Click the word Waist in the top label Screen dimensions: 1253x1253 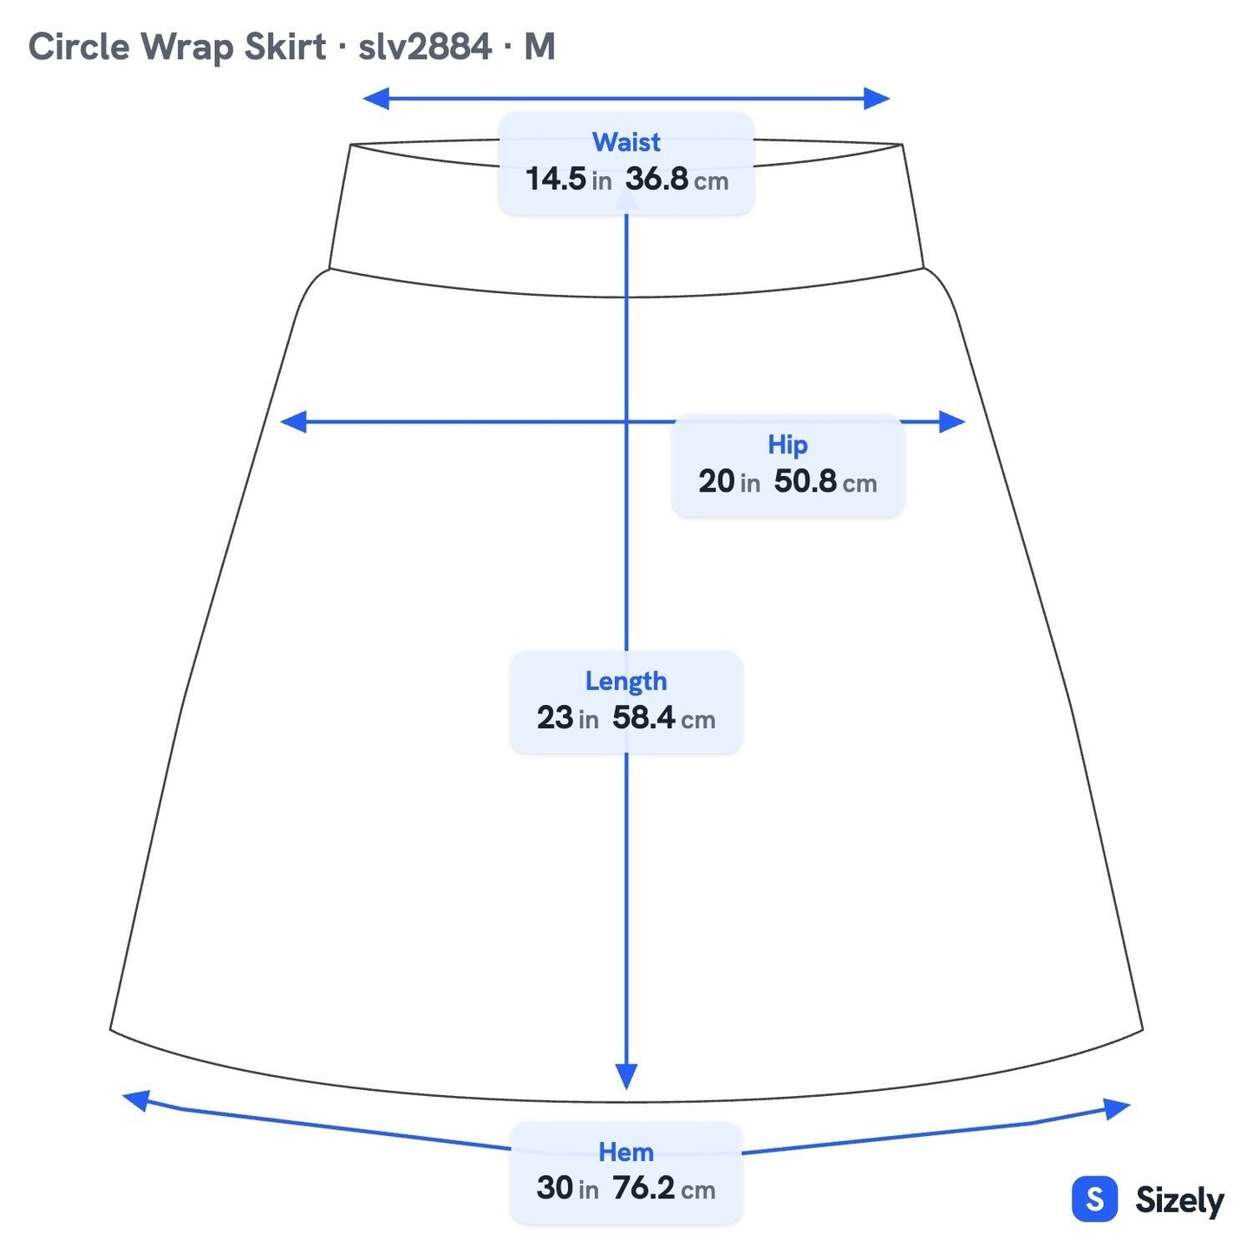point(625,141)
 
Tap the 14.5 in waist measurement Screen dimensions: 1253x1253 point(568,179)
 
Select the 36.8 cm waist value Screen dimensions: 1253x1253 point(676,179)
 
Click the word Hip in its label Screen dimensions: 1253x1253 point(787,445)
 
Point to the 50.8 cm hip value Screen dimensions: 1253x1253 point(826,481)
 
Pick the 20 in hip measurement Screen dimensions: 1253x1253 point(729,481)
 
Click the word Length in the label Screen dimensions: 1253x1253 point(625,682)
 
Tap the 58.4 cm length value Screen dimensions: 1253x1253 point(663,718)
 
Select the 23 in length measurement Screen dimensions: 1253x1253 point(568,718)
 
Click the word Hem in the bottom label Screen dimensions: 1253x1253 point(625,1152)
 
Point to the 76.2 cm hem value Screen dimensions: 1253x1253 point(663,1188)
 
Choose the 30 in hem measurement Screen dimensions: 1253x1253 point(568,1188)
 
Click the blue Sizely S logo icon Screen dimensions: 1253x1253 point(1095,1198)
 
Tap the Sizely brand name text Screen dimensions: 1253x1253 point(1179,1200)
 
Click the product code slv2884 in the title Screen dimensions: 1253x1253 point(425,47)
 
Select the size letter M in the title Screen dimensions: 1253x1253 point(539,47)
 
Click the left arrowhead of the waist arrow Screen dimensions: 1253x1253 point(375,99)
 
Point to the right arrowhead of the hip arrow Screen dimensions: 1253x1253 point(952,421)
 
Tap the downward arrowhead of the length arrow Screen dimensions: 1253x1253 point(626,1076)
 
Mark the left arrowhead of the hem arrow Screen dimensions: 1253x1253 point(136,1101)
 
